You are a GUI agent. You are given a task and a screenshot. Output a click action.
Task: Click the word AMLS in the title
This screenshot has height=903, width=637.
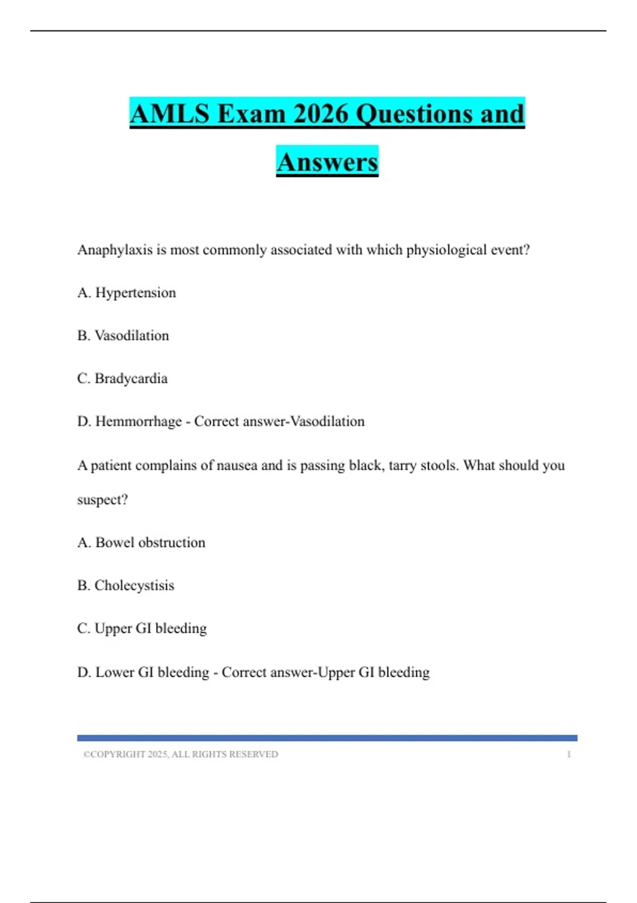click(169, 114)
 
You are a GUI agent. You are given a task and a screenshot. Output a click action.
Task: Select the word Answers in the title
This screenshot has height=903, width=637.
click(327, 162)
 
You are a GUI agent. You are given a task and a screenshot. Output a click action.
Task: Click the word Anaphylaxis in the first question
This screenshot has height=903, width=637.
click(115, 250)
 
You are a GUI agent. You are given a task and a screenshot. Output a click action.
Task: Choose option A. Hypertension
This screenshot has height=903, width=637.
click(126, 293)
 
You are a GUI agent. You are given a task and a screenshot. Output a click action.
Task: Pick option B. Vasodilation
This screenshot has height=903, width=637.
click(123, 336)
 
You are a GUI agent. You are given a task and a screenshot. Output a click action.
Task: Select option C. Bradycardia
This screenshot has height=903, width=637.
click(122, 379)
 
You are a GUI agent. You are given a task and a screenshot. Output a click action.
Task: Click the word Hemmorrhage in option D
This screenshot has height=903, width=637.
click(138, 422)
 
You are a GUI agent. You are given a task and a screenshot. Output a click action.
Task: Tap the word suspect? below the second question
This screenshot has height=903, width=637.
click(102, 500)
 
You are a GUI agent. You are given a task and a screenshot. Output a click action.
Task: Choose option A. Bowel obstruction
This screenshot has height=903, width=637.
click(141, 543)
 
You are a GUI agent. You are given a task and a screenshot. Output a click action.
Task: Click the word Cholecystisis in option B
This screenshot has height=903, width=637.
click(134, 586)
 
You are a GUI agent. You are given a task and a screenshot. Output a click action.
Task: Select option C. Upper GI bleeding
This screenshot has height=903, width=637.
click(142, 628)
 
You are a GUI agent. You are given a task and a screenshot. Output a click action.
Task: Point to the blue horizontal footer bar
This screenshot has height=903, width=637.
click(327, 738)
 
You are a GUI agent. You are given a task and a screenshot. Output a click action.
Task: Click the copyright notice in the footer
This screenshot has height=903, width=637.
click(180, 754)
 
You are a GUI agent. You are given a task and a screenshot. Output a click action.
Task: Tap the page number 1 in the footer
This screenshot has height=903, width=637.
click(569, 754)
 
